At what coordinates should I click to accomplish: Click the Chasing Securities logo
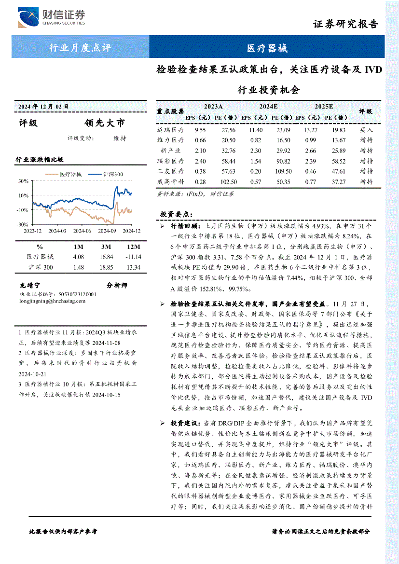(x=51, y=18)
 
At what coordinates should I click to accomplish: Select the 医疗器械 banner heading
(x=267, y=48)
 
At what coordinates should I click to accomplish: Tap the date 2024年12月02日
(x=43, y=106)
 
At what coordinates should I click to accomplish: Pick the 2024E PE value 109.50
(x=283, y=171)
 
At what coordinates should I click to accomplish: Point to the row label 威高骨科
(x=170, y=182)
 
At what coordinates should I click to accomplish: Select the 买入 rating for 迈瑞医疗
(x=366, y=130)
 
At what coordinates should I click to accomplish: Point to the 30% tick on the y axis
(x=23, y=181)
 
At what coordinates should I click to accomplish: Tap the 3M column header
(x=106, y=247)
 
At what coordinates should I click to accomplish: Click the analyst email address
(x=53, y=301)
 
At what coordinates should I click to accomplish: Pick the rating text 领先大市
(x=104, y=123)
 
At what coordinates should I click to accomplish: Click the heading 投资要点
(x=177, y=214)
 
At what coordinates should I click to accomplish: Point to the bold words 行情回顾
(x=184, y=226)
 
